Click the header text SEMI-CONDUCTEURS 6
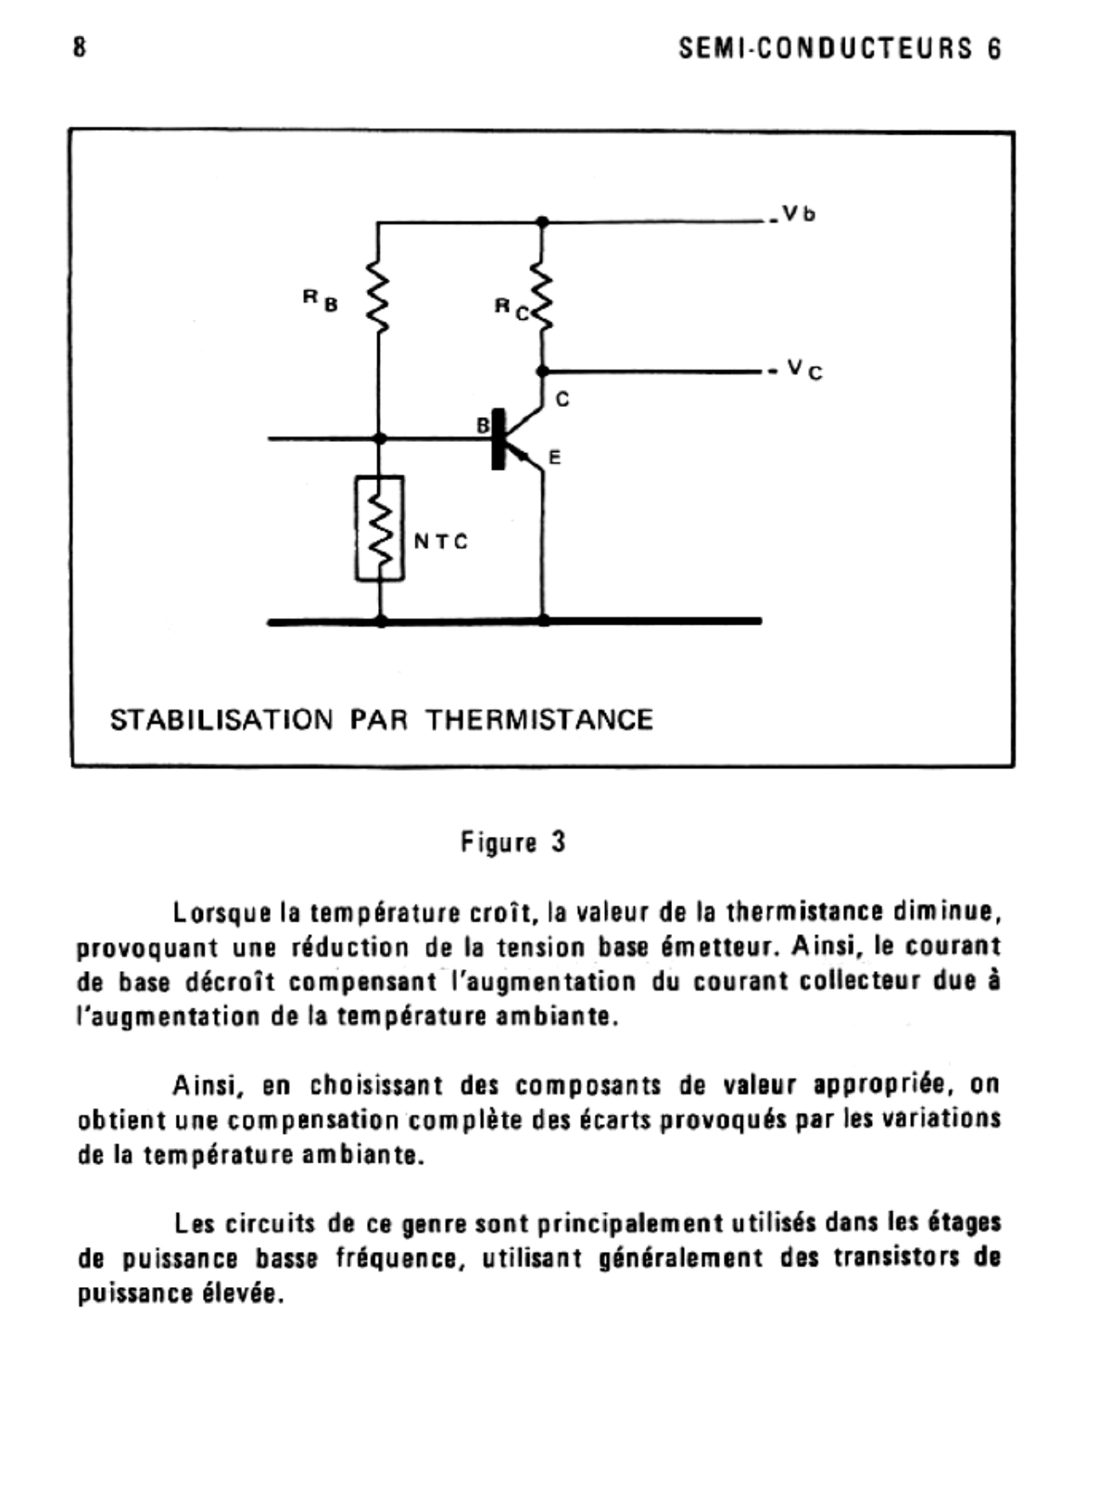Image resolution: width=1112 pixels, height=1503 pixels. tap(840, 49)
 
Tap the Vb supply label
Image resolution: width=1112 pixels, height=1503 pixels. tap(798, 214)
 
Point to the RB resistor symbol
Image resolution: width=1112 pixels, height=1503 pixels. tap(379, 294)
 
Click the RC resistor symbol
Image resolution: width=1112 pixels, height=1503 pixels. tap(542, 297)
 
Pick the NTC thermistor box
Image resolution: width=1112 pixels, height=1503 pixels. tap(380, 528)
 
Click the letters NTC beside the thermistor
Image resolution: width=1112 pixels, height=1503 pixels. tap(440, 541)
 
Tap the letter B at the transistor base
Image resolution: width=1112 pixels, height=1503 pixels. tap(482, 425)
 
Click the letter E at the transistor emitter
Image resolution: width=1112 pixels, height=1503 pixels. tap(554, 458)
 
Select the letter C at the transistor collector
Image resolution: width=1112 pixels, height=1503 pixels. tap(562, 400)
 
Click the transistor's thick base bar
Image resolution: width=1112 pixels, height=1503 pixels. tap(499, 438)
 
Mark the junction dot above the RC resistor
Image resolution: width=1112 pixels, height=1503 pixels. tap(542, 222)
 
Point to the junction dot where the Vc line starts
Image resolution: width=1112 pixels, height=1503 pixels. tap(542, 371)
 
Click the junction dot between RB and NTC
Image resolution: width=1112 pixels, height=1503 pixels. tap(379, 437)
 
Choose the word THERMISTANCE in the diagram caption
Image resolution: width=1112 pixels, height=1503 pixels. tap(539, 720)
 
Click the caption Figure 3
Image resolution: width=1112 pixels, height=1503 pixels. tap(512, 842)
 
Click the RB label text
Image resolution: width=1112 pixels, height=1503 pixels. tap(321, 299)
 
